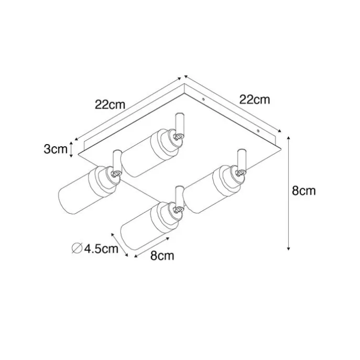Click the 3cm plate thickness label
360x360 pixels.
pyautogui.click(x=56, y=149)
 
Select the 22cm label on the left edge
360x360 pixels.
pyautogui.click(x=110, y=105)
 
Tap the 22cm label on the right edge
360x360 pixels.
pyautogui.click(x=255, y=100)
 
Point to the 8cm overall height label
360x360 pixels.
pyautogui.click(x=304, y=191)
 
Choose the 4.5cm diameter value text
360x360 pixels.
pyautogui.click(x=101, y=248)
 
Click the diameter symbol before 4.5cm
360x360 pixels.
pyautogui.click(x=77, y=248)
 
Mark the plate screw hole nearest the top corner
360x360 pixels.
pyautogui.click(x=203, y=99)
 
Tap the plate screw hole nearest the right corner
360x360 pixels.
pyautogui.click(x=258, y=131)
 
